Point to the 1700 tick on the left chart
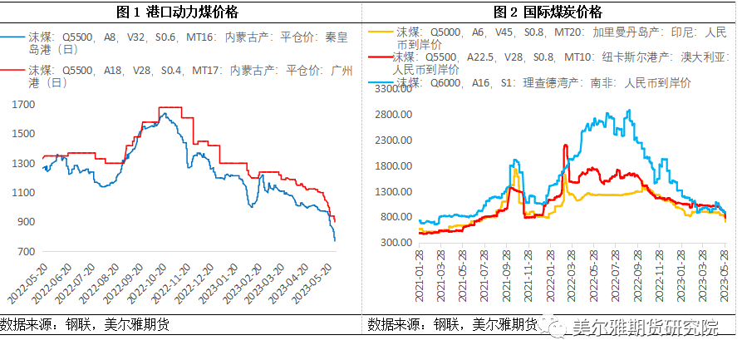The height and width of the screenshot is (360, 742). [25, 105]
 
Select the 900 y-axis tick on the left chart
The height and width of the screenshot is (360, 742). [27, 222]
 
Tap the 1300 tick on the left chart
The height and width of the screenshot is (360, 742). [25, 164]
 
